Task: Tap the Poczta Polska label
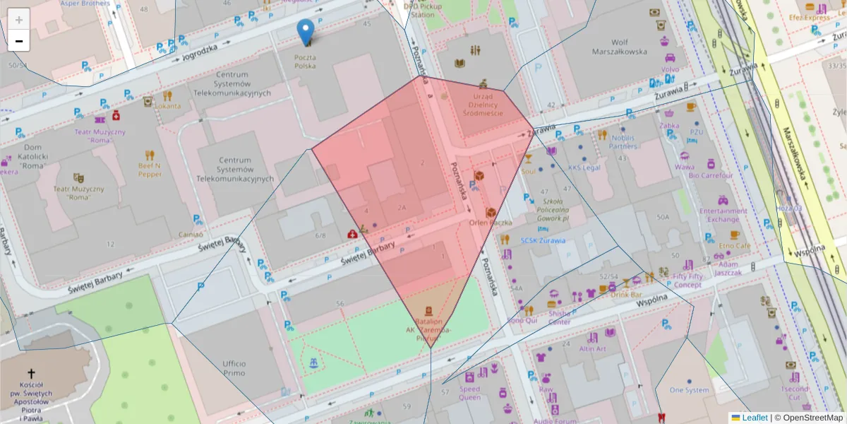305,61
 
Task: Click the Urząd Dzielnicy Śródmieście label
483,104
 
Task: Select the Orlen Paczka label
490,222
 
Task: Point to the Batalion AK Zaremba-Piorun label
428,329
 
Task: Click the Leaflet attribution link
754,418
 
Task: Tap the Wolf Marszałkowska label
618,47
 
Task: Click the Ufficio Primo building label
234,367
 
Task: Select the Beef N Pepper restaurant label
150,170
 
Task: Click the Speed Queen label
469,394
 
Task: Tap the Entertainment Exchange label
723,215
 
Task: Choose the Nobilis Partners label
624,142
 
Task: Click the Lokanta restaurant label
167,106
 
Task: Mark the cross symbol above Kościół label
30,373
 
